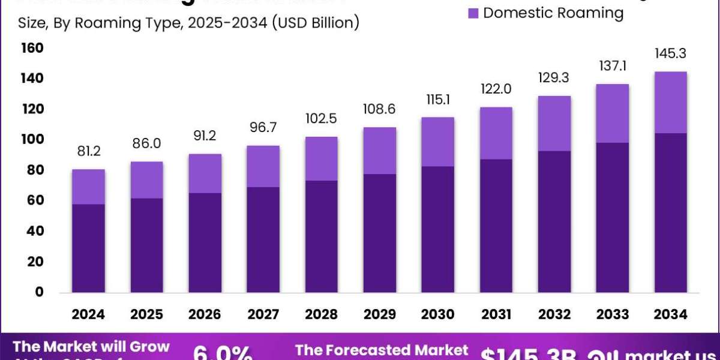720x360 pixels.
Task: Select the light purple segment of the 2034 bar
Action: pyautogui.click(x=670, y=102)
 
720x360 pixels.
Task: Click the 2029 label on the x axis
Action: pyautogui.click(x=379, y=314)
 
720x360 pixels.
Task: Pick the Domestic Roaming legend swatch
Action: pyautogui.click(x=473, y=13)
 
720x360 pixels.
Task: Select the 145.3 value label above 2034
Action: pyautogui.click(x=670, y=54)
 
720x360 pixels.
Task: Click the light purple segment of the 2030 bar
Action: pyautogui.click(x=437, y=142)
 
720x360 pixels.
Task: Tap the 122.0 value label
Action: pyautogui.click(x=496, y=89)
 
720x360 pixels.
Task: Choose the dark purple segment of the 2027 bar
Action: pyautogui.click(x=263, y=239)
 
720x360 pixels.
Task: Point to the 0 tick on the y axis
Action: pyautogui.click(x=38, y=292)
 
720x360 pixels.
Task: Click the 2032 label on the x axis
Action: pyautogui.click(x=554, y=314)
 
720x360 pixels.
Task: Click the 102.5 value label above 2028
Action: pyautogui.click(x=321, y=118)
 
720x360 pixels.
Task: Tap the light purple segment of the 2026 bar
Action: pyautogui.click(x=205, y=173)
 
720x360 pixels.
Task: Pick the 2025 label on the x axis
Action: pyautogui.click(x=146, y=314)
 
